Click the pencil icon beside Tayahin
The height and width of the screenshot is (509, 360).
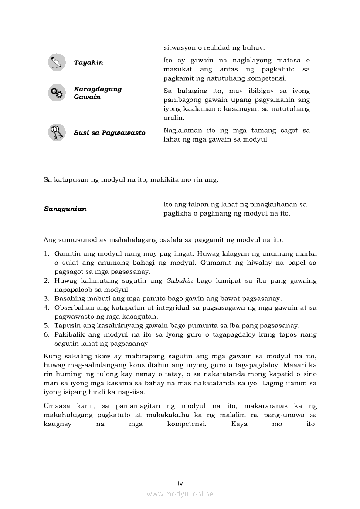click(57, 62)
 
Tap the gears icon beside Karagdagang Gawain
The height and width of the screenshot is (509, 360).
click(57, 93)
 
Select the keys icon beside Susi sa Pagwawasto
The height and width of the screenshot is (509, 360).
click(57, 132)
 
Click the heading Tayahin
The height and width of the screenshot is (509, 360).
click(88, 63)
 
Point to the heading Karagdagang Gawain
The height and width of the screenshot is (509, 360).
click(98, 93)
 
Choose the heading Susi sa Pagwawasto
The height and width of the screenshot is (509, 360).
click(109, 133)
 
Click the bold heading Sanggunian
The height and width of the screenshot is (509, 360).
click(65, 209)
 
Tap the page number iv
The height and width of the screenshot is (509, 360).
click(180, 483)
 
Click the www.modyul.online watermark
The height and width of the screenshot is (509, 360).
click(180, 494)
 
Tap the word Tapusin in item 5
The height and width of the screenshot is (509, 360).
click(66, 326)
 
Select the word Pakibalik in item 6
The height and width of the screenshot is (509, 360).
click(69, 335)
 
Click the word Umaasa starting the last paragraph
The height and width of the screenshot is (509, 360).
click(57, 406)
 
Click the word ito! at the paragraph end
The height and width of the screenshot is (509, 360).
click(311, 424)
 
